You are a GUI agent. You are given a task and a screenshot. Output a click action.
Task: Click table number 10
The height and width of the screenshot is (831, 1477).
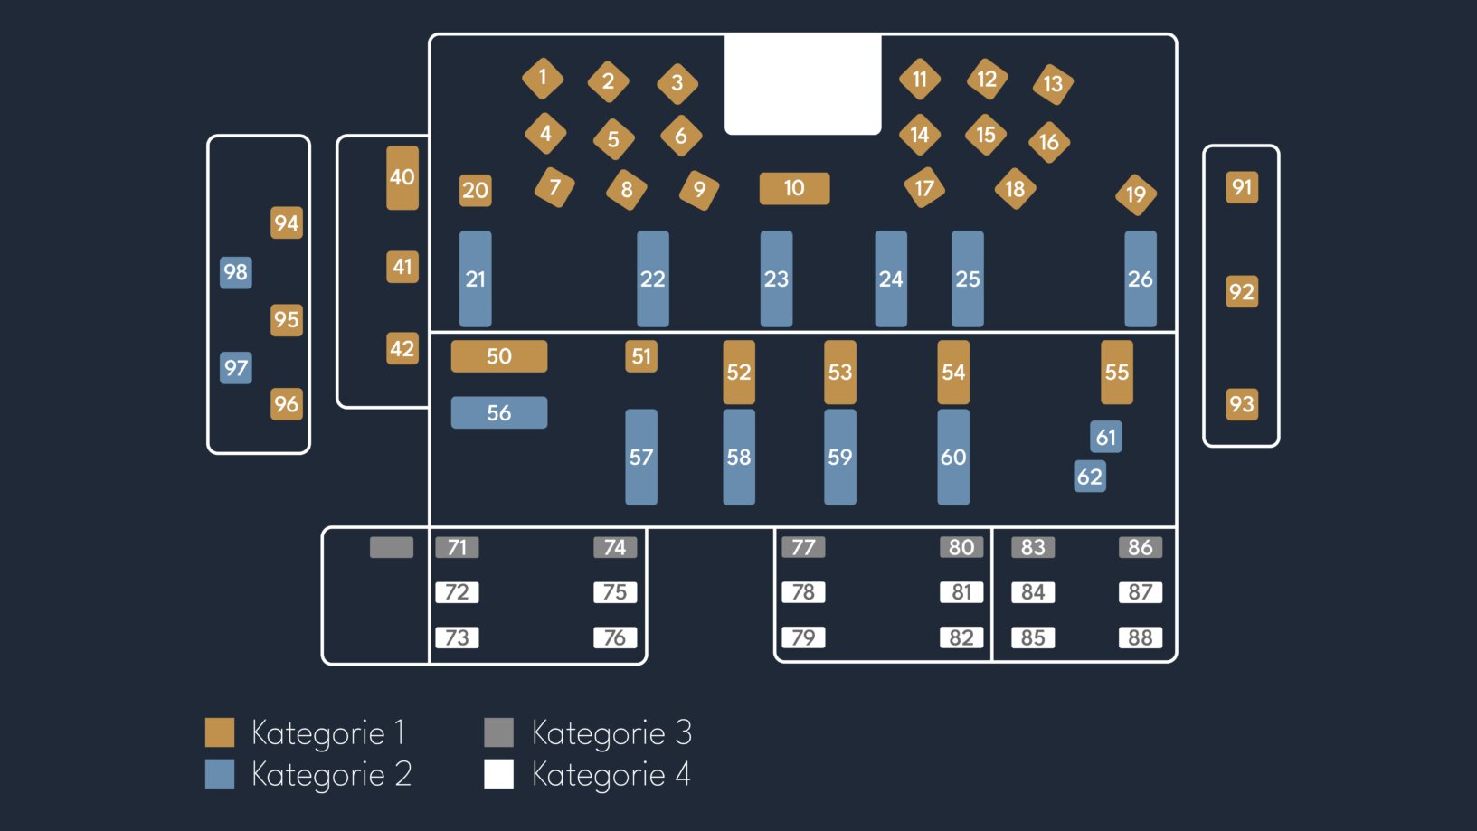pos(794,188)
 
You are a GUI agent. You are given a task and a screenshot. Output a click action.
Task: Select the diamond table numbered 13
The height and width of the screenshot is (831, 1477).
pos(1053,84)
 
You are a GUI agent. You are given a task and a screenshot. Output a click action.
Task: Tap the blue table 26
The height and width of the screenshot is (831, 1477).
pos(1140,279)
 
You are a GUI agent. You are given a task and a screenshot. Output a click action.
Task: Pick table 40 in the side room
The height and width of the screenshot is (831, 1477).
pos(402,177)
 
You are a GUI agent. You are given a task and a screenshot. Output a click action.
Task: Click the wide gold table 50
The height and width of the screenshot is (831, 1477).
pos(498,356)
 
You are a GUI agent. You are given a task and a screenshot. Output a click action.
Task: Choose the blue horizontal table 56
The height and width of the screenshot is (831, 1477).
pos(498,412)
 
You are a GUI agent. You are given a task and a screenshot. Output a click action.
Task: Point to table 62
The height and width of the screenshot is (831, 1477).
pos(1089,477)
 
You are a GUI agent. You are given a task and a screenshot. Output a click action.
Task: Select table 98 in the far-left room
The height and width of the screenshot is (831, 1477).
pos(235,272)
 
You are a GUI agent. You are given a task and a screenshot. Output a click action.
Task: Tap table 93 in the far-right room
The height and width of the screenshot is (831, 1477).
pos(1241,403)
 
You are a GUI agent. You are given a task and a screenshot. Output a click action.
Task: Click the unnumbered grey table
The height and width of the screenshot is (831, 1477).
pos(391,547)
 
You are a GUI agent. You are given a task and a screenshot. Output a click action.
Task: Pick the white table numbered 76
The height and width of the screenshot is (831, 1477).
pos(615,637)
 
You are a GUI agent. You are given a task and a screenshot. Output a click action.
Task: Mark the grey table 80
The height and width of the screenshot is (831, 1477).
pos(961,547)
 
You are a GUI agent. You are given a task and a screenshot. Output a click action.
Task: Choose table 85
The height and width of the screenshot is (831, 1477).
pos(1033,637)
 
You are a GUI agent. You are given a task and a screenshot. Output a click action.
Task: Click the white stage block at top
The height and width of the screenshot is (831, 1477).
pos(802,84)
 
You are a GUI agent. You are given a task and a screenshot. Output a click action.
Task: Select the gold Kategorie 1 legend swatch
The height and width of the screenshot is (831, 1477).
pos(220,732)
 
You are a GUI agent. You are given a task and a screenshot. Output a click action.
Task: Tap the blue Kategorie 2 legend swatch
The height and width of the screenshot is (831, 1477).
pos(220,774)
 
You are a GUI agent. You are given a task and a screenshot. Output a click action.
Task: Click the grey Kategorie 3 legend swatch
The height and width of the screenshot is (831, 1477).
pos(498,732)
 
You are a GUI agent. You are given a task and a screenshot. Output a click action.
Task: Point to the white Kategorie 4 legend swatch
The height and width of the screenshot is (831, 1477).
pos(498,774)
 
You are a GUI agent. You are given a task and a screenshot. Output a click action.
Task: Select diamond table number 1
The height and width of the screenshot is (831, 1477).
pos(543,78)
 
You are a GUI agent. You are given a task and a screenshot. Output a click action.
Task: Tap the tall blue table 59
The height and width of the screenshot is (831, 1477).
pos(839,457)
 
